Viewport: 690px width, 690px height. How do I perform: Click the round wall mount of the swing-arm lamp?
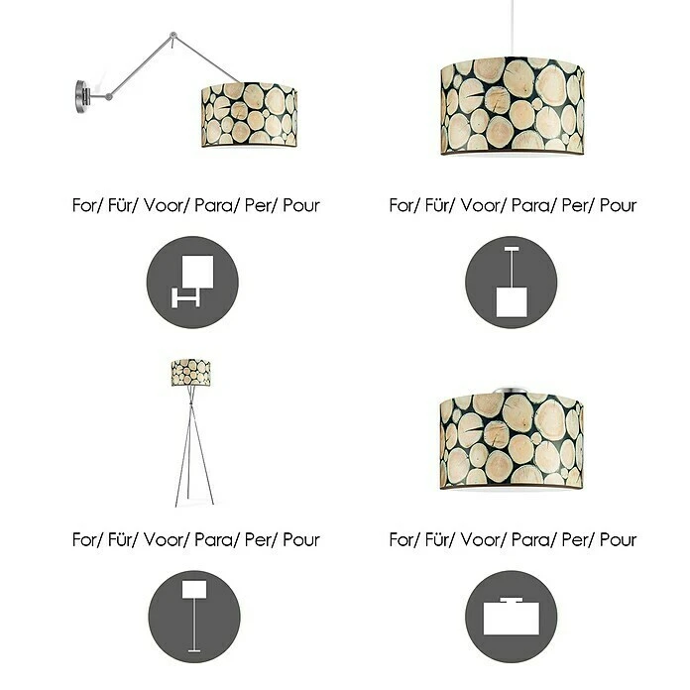pyautogui.click(x=82, y=96)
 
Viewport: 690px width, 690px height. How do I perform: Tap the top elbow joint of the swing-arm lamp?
pyautogui.click(x=172, y=35)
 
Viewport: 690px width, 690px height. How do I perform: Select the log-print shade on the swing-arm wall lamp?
pyautogui.click(x=249, y=114)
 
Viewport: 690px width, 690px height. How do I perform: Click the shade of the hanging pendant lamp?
pyautogui.click(x=513, y=106)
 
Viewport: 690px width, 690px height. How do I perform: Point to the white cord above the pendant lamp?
pyautogui.click(x=513, y=28)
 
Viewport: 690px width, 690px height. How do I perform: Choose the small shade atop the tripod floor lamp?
pyautogui.click(x=191, y=373)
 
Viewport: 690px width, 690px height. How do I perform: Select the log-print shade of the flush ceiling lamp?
pyautogui.click(x=512, y=440)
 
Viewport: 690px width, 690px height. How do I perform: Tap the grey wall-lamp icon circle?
pyautogui.click(x=192, y=283)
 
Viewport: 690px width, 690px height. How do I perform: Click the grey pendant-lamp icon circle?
pyautogui.click(x=511, y=283)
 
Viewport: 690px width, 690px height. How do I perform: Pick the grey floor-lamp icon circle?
pyautogui.click(x=194, y=617)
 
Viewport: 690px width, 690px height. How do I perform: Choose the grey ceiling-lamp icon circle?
pyautogui.click(x=511, y=617)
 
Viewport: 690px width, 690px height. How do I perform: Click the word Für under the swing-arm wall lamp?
pyautogui.click(x=120, y=205)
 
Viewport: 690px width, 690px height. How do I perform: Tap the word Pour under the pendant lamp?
pyautogui.click(x=618, y=205)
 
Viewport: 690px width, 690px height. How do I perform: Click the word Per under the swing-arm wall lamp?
pyautogui.click(x=258, y=205)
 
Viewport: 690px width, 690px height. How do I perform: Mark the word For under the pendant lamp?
pyautogui.click(x=401, y=205)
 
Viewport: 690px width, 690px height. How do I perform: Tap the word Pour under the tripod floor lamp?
pyautogui.click(x=301, y=539)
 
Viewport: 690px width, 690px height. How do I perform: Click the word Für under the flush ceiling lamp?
pyautogui.click(x=436, y=539)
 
